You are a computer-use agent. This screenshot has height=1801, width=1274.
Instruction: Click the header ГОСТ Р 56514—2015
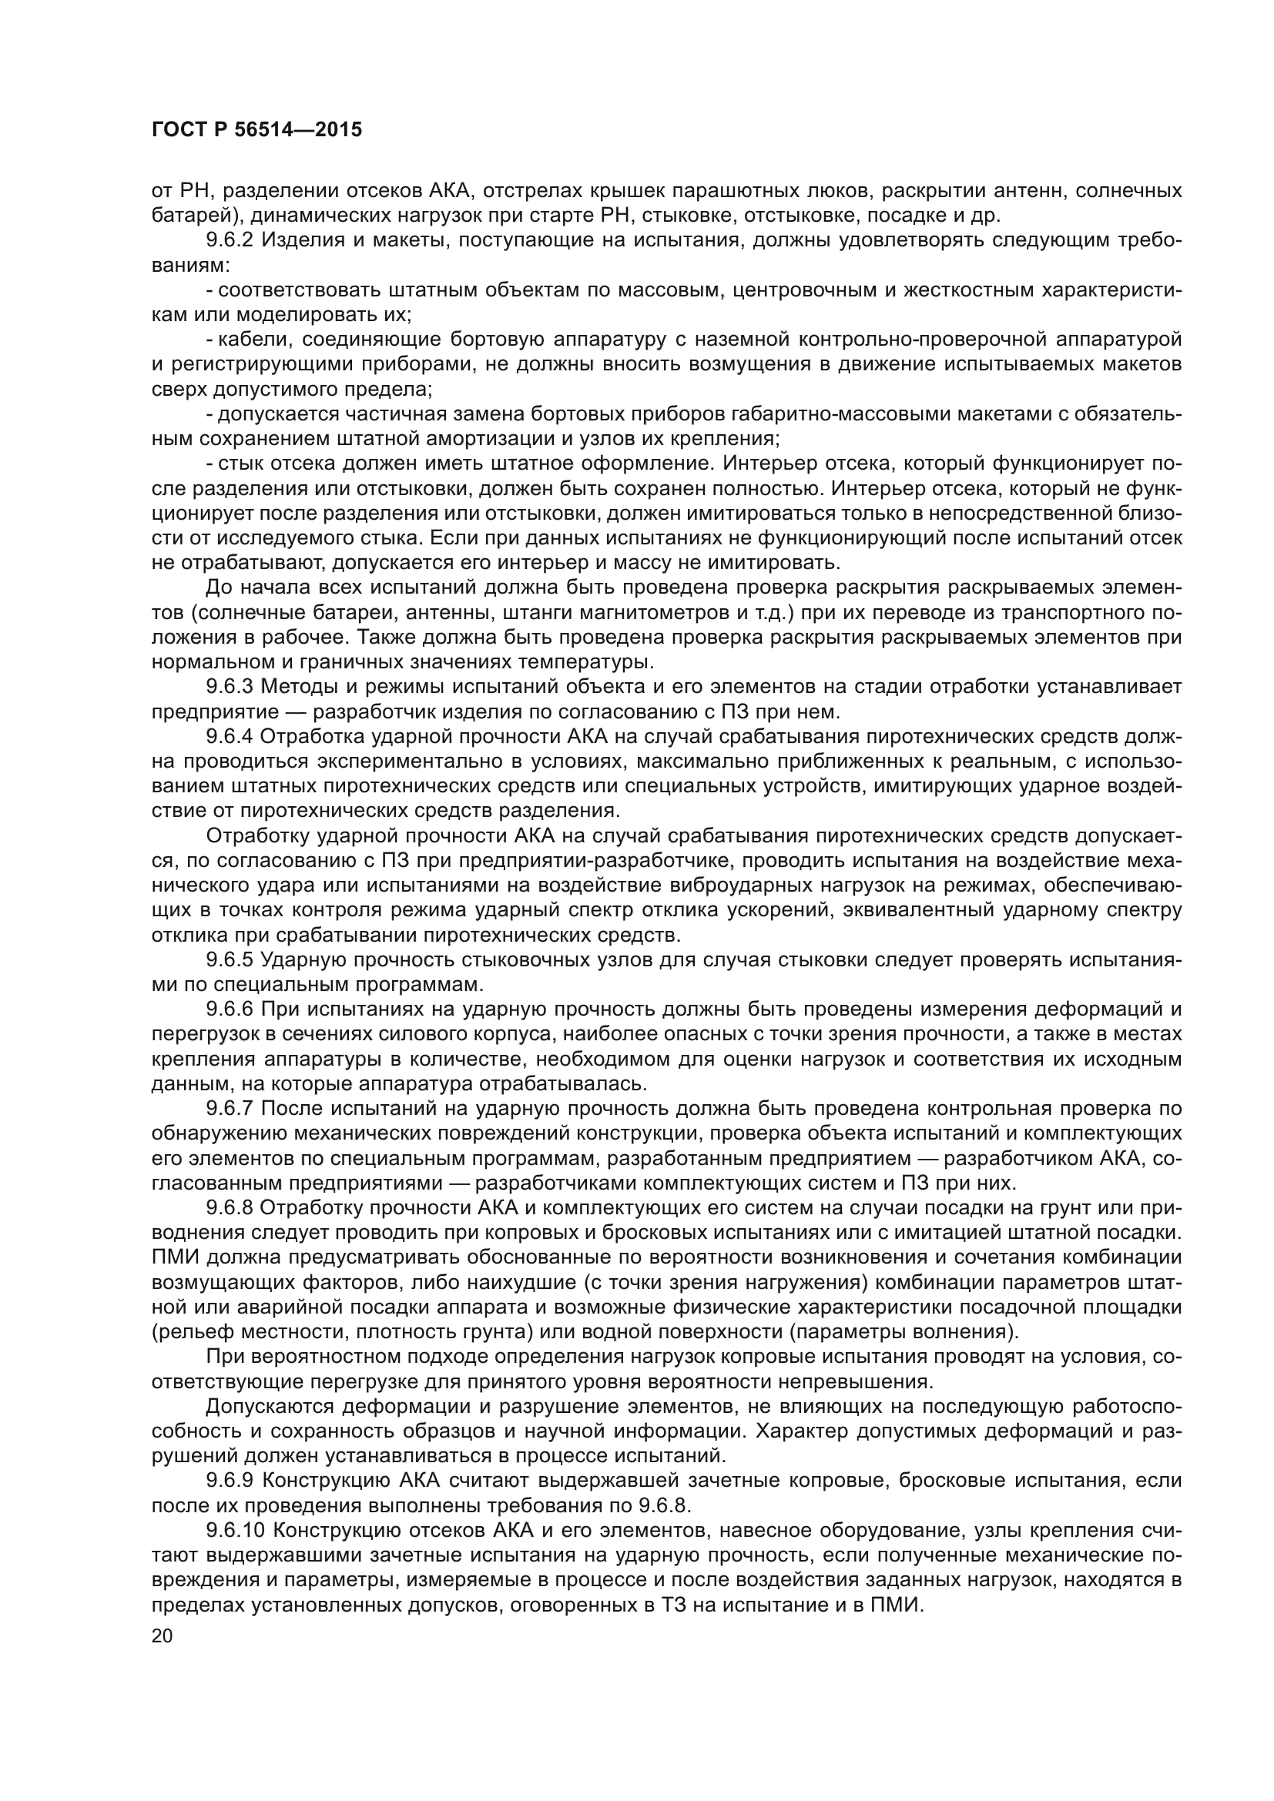click(x=256, y=130)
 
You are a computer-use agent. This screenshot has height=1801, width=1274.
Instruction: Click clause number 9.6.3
click(x=230, y=687)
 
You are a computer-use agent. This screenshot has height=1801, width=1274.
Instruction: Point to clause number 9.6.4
click(x=230, y=737)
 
